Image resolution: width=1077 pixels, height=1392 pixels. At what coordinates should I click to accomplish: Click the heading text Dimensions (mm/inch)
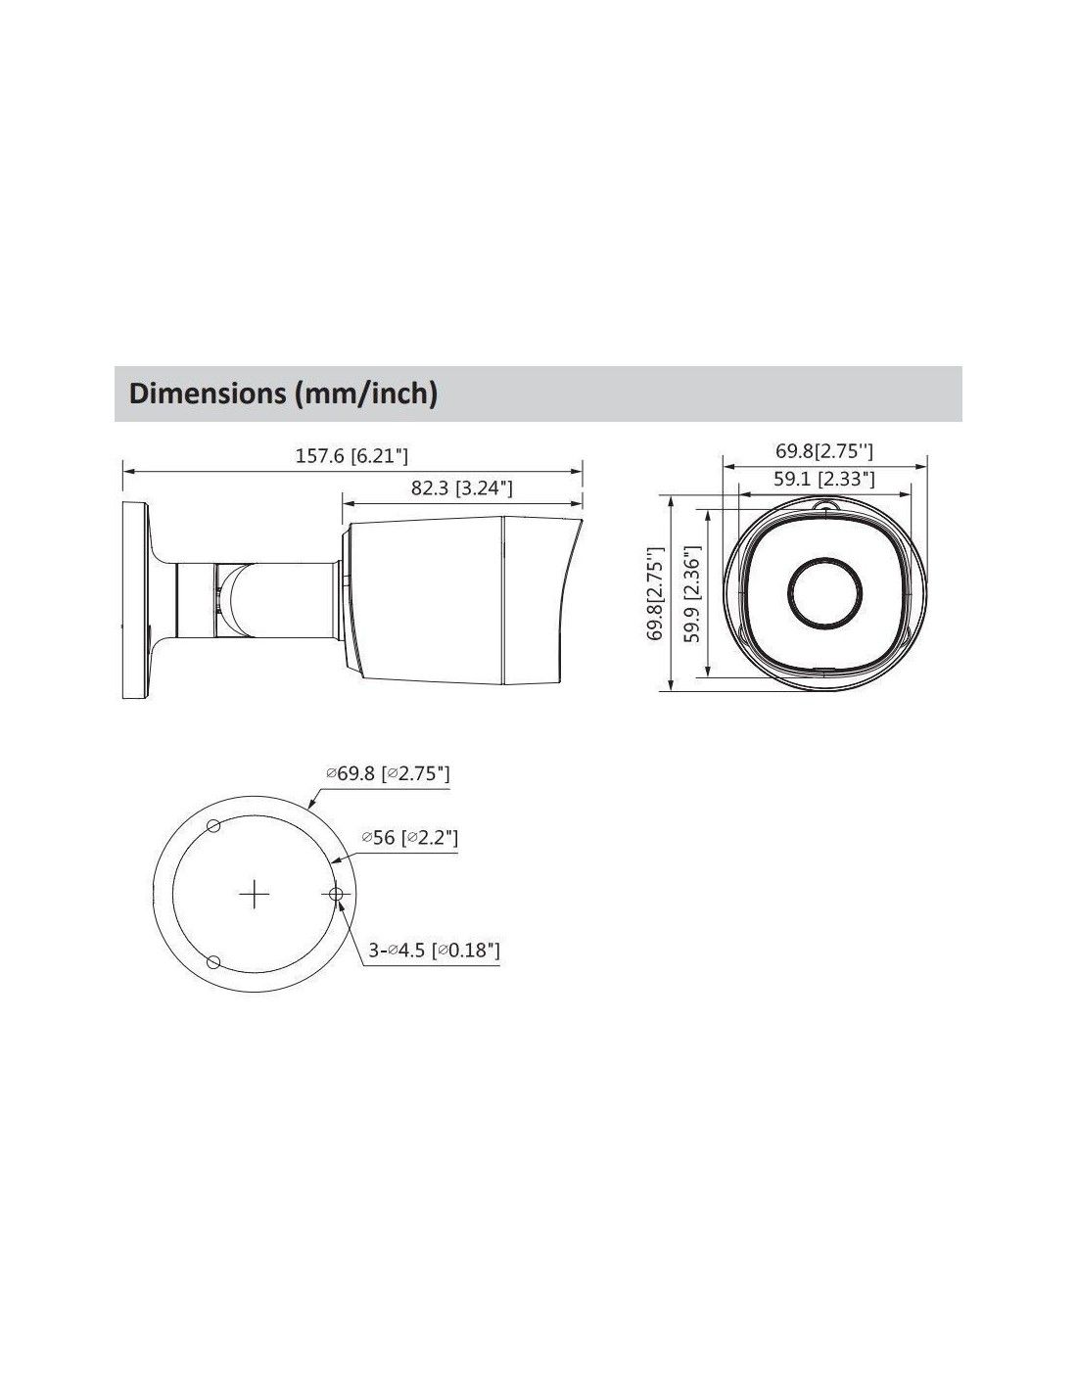coord(283,394)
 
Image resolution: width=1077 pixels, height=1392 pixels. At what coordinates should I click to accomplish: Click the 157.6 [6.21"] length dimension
coord(351,456)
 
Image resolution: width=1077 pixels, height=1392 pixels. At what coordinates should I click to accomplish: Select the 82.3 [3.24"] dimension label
coord(461,488)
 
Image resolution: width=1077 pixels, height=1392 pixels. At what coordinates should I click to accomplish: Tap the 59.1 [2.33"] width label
coord(822,479)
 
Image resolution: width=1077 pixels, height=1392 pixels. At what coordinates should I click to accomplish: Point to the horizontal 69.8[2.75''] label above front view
coord(824,451)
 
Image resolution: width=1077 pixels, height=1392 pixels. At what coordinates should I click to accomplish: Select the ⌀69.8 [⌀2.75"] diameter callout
coord(388,773)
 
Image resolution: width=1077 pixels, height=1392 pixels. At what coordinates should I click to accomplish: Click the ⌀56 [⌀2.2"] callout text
coord(409,837)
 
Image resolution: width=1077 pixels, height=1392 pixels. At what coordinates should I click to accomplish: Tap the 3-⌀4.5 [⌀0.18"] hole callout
coord(434,950)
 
